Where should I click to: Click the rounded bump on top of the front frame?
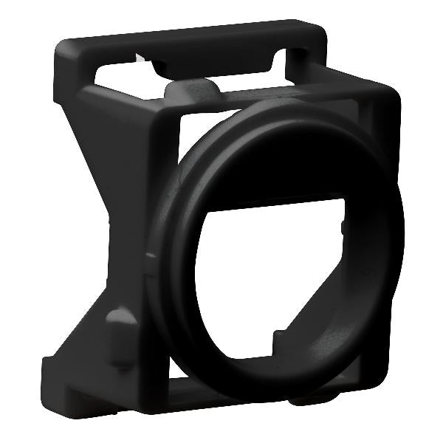[193, 91]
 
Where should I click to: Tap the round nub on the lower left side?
[120, 322]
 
